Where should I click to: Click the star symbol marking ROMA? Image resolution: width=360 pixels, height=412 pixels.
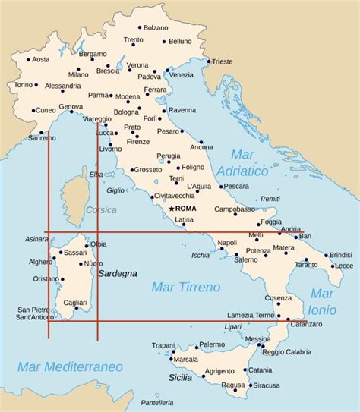(172, 209)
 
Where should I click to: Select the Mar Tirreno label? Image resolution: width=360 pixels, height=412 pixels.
(186, 287)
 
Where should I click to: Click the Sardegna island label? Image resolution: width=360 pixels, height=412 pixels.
(118, 272)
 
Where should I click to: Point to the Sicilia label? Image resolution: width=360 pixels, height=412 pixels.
(181, 376)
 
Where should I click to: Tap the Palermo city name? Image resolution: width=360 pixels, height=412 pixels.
(212, 344)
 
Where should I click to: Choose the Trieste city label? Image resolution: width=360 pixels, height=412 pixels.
(223, 61)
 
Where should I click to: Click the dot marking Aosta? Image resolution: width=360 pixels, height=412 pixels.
(28, 59)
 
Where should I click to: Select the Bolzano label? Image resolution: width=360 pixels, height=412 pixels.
(156, 27)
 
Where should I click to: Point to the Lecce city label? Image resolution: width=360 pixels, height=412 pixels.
(343, 266)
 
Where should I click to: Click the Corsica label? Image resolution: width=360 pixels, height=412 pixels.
(101, 209)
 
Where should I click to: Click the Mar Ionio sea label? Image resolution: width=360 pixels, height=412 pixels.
(323, 301)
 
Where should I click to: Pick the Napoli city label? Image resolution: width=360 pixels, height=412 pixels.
(228, 243)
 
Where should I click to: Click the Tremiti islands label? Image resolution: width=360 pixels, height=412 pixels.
(270, 199)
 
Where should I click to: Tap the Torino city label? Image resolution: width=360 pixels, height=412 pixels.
(24, 85)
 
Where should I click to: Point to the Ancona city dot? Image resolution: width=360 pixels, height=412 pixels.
(201, 142)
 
